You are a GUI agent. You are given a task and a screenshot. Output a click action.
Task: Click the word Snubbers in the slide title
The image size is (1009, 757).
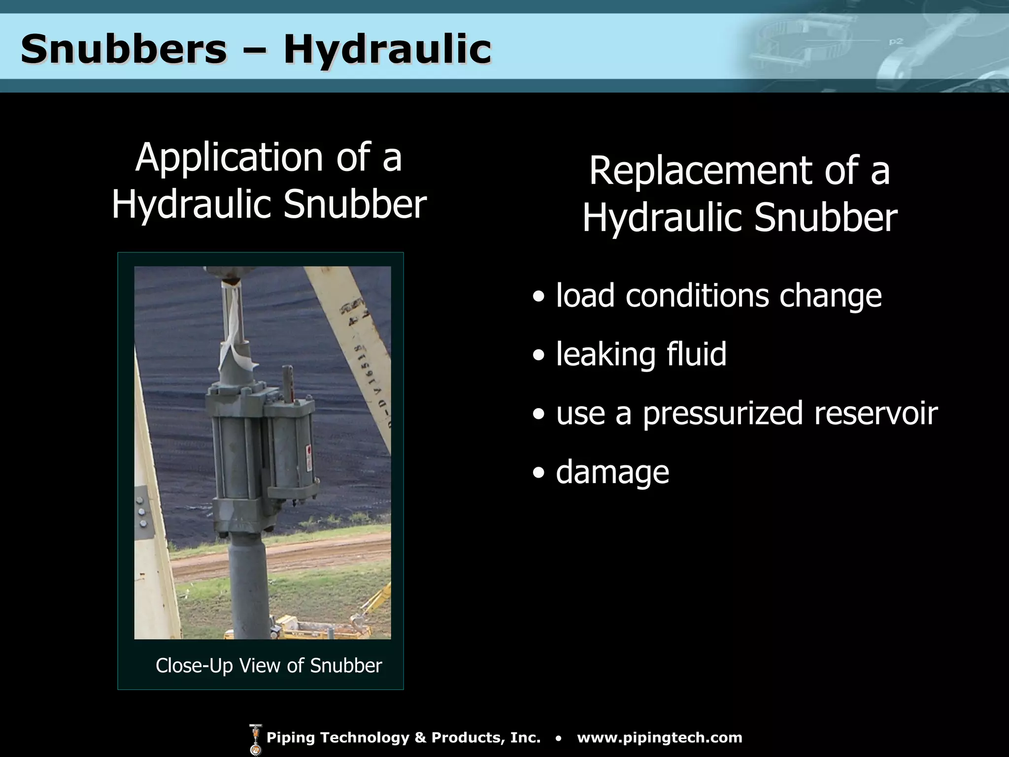[x=123, y=49]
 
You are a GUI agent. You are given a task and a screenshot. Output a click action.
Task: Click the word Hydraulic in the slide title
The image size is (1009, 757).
[x=387, y=49]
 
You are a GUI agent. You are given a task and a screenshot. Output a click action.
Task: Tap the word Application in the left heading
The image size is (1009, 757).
[x=229, y=158]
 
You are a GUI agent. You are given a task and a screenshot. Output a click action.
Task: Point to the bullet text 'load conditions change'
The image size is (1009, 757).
[x=718, y=296]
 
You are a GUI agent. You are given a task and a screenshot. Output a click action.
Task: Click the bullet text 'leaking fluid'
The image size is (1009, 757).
[x=641, y=354]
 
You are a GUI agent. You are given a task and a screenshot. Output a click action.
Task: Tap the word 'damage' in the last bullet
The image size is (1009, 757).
[x=612, y=472]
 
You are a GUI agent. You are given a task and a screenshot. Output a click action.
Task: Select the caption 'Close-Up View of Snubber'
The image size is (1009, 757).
[x=269, y=665]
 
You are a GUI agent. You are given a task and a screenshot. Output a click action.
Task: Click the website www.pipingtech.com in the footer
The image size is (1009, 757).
[x=659, y=738]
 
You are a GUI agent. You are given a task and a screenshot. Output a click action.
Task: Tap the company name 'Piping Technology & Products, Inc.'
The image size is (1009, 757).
[x=403, y=738]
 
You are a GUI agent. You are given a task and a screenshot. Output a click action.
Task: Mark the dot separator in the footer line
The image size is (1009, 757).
[x=558, y=738]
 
